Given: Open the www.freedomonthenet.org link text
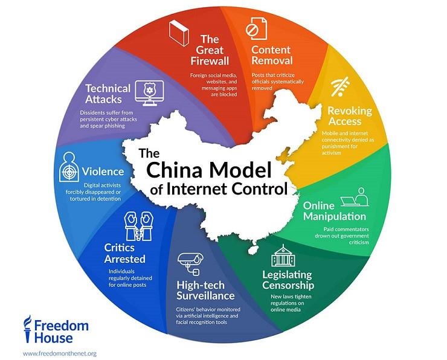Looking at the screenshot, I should pos(59,352).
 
